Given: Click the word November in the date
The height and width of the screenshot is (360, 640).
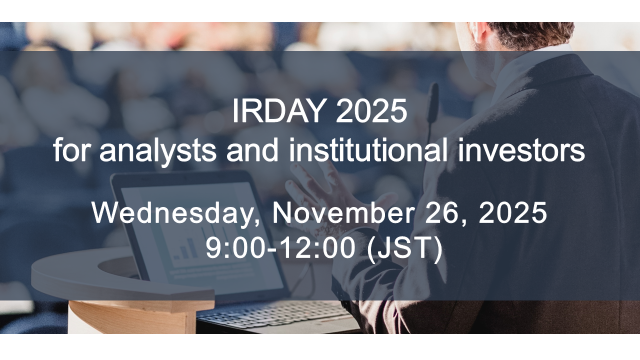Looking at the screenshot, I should tap(342, 213).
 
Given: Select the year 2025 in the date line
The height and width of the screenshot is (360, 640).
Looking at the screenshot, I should tap(512, 213).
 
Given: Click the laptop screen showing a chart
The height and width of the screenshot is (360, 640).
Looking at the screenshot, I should tap(200, 235).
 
